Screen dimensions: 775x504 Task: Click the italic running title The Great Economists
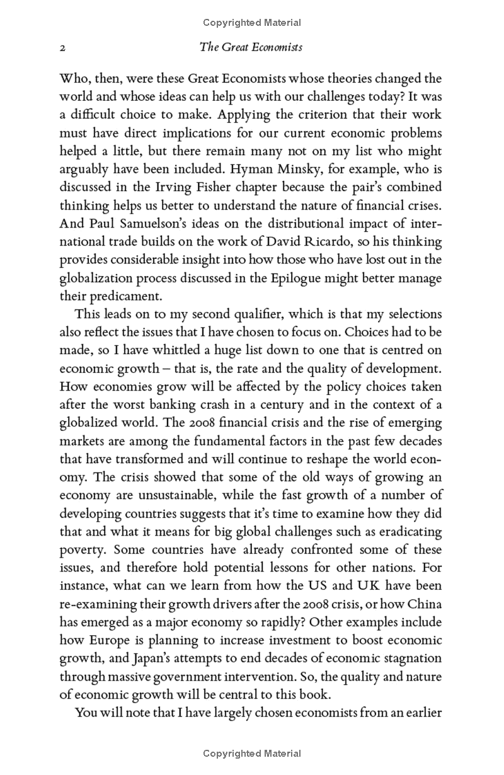[x=251, y=47]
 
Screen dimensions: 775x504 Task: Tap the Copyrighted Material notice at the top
[x=252, y=23]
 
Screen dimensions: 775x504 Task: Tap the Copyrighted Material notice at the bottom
[x=252, y=754]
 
